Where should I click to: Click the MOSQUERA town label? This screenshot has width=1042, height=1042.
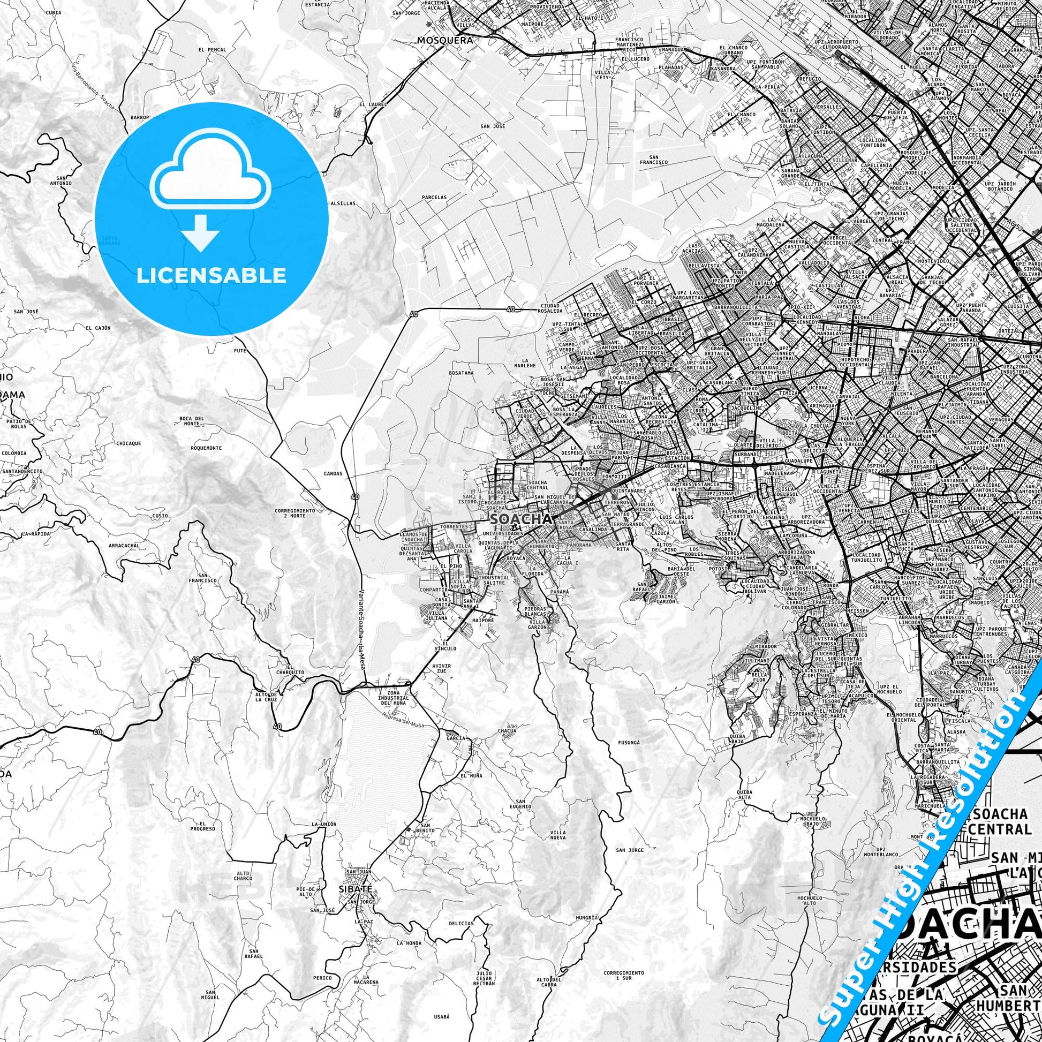pos(444,40)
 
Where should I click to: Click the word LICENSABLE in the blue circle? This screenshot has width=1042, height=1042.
pos(211,276)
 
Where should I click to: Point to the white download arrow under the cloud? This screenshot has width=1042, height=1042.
pos(201,232)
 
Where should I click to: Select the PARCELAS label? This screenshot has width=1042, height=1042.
pos(434,198)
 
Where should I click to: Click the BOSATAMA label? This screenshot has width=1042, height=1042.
pos(461,373)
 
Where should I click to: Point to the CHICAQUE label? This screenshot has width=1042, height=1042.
pos(129,443)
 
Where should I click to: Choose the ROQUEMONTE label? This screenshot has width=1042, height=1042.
pos(206,448)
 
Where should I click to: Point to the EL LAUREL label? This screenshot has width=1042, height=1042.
pos(369,104)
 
